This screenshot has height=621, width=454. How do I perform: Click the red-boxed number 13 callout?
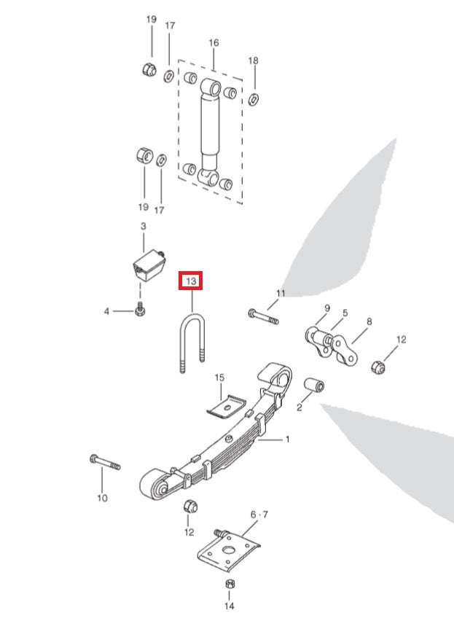pyautogui.click(x=191, y=281)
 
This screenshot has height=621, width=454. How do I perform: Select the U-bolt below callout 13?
pyautogui.click(x=192, y=343)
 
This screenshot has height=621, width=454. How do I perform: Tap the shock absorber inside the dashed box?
pyautogui.click(x=210, y=131)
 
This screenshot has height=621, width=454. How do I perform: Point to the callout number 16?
pyautogui.click(x=214, y=43)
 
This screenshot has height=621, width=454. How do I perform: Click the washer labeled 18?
pyautogui.click(x=254, y=98)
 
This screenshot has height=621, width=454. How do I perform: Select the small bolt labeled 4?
pyautogui.click(x=140, y=311)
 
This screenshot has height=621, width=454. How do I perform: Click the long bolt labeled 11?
pyautogui.click(x=263, y=317)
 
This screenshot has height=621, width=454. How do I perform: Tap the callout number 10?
pyautogui.click(x=102, y=498)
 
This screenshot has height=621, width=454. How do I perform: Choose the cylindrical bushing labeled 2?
pyautogui.click(x=314, y=384)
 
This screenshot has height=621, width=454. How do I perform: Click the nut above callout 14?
pyautogui.click(x=228, y=585)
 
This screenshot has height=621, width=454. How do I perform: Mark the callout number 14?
pyautogui.click(x=229, y=606)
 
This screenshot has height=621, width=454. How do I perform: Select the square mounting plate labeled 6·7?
pyautogui.click(x=229, y=552)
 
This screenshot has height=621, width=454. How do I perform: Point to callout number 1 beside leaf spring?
pyautogui.click(x=287, y=440)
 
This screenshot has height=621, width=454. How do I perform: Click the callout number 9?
pyautogui.click(x=327, y=308)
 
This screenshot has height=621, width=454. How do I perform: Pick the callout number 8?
pyautogui.click(x=369, y=321)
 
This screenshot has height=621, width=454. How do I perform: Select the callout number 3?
pyautogui.click(x=143, y=227)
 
